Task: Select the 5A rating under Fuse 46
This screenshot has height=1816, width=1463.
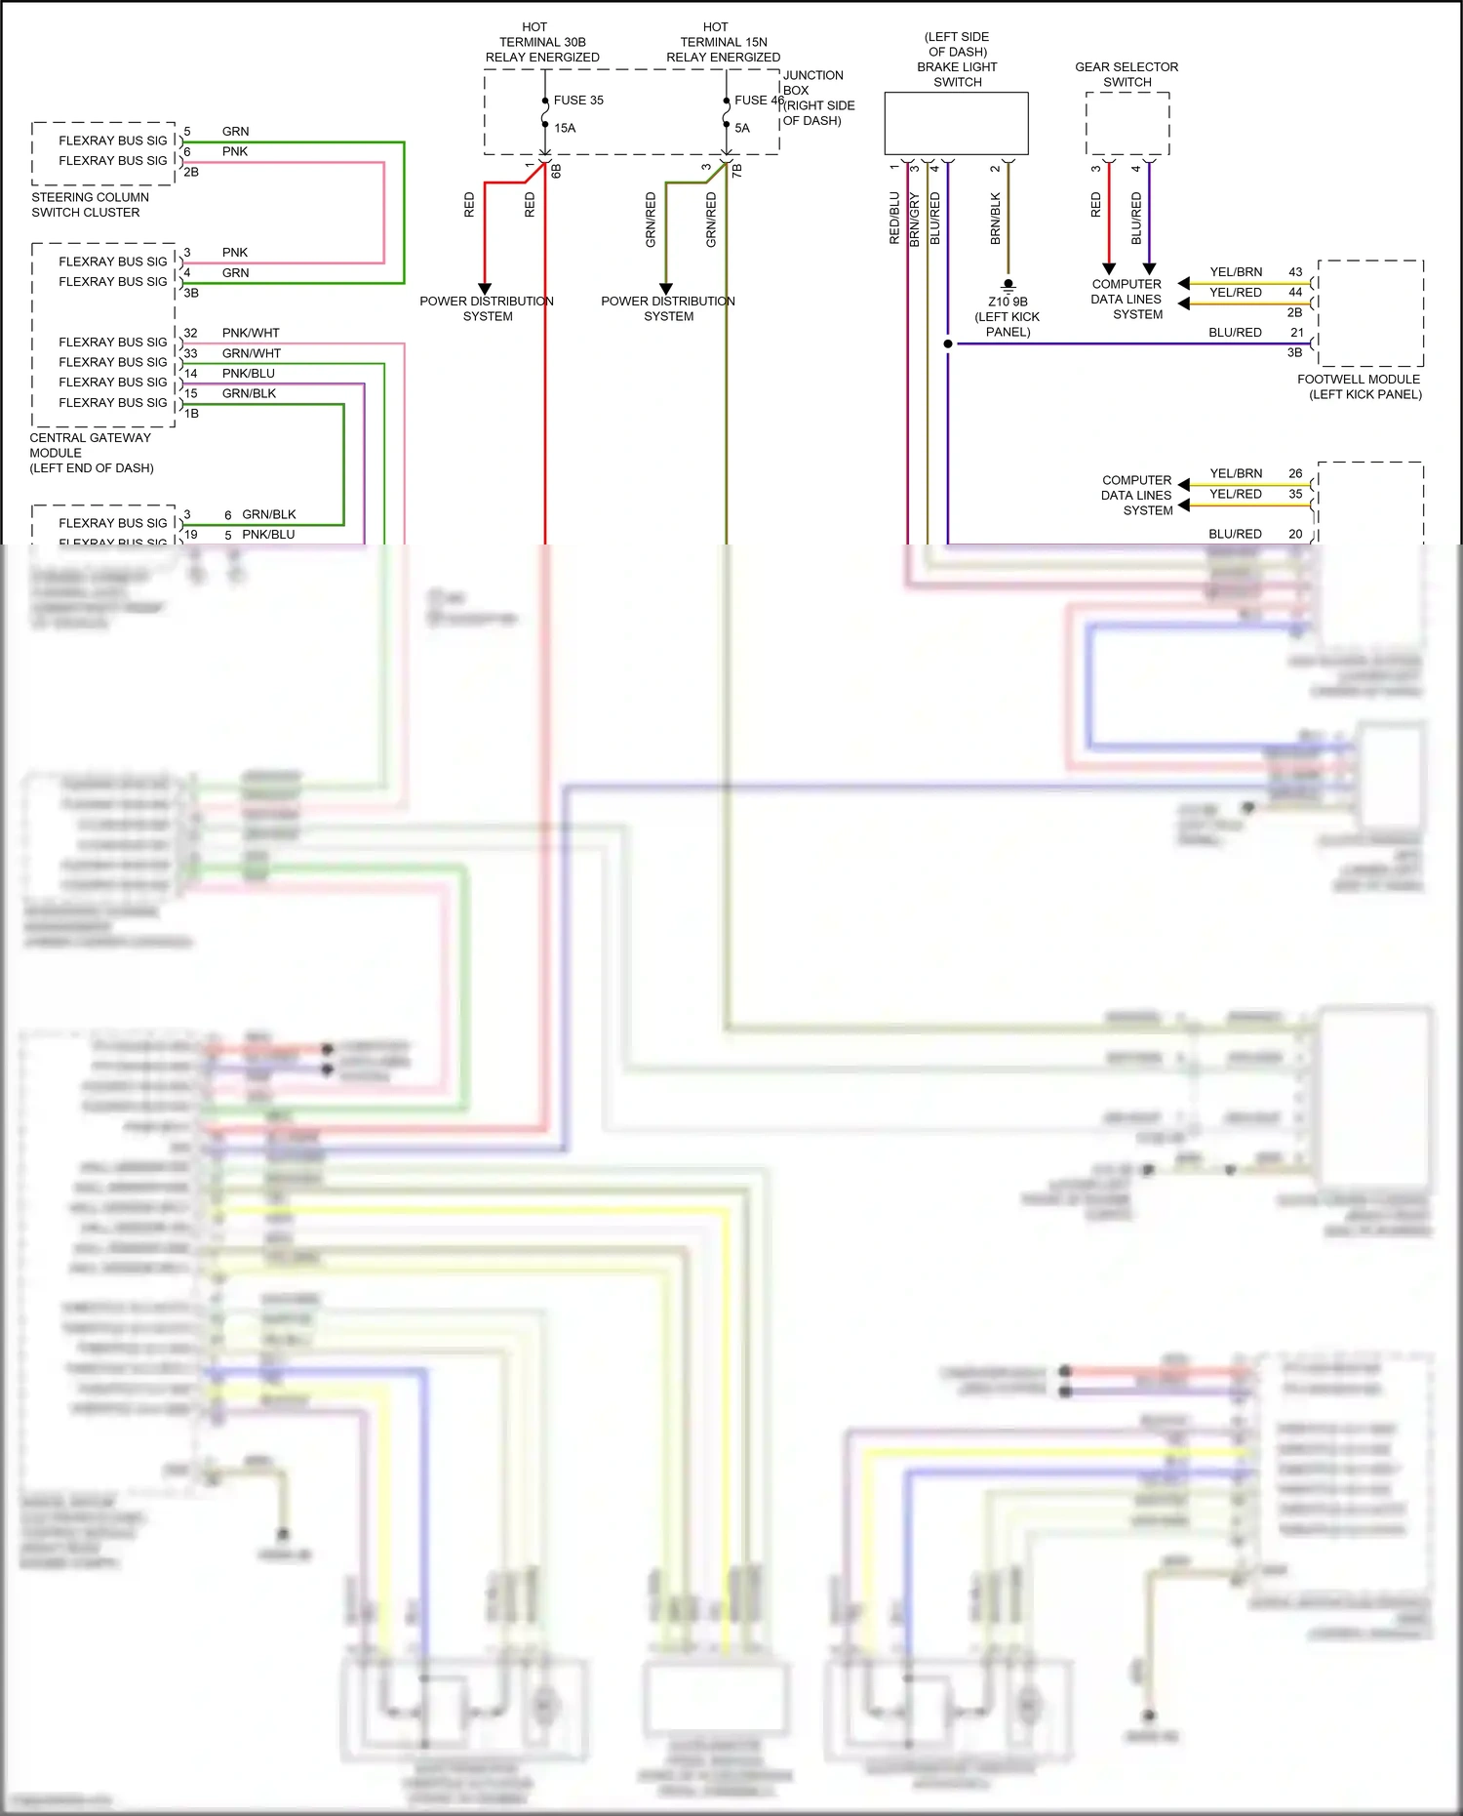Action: (742, 128)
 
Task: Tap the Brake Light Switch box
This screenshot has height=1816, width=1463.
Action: (956, 123)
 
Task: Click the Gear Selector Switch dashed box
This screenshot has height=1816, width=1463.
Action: (1127, 124)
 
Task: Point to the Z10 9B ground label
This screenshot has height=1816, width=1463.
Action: (1008, 302)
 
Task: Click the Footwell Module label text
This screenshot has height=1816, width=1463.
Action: (1359, 386)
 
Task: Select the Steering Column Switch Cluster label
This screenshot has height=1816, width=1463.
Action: (90, 205)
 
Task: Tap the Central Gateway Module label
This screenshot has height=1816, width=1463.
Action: (91, 453)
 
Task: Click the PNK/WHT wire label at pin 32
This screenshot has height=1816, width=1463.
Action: (251, 333)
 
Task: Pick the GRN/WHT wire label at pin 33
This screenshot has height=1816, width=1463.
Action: (251, 353)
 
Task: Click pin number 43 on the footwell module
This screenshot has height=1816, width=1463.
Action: (1295, 272)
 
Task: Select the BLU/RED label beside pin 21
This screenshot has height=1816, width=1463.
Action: (1235, 333)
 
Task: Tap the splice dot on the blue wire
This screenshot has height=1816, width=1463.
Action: (948, 343)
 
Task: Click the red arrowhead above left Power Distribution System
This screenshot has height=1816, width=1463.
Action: (485, 289)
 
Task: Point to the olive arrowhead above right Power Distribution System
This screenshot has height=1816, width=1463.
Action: (666, 289)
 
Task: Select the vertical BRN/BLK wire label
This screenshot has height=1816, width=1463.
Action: (996, 219)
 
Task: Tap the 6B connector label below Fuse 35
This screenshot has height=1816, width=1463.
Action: (556, 171)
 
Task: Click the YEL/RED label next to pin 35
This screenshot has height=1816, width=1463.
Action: (1235, 494)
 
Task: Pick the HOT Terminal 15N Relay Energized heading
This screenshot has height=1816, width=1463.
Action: (723, 42)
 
